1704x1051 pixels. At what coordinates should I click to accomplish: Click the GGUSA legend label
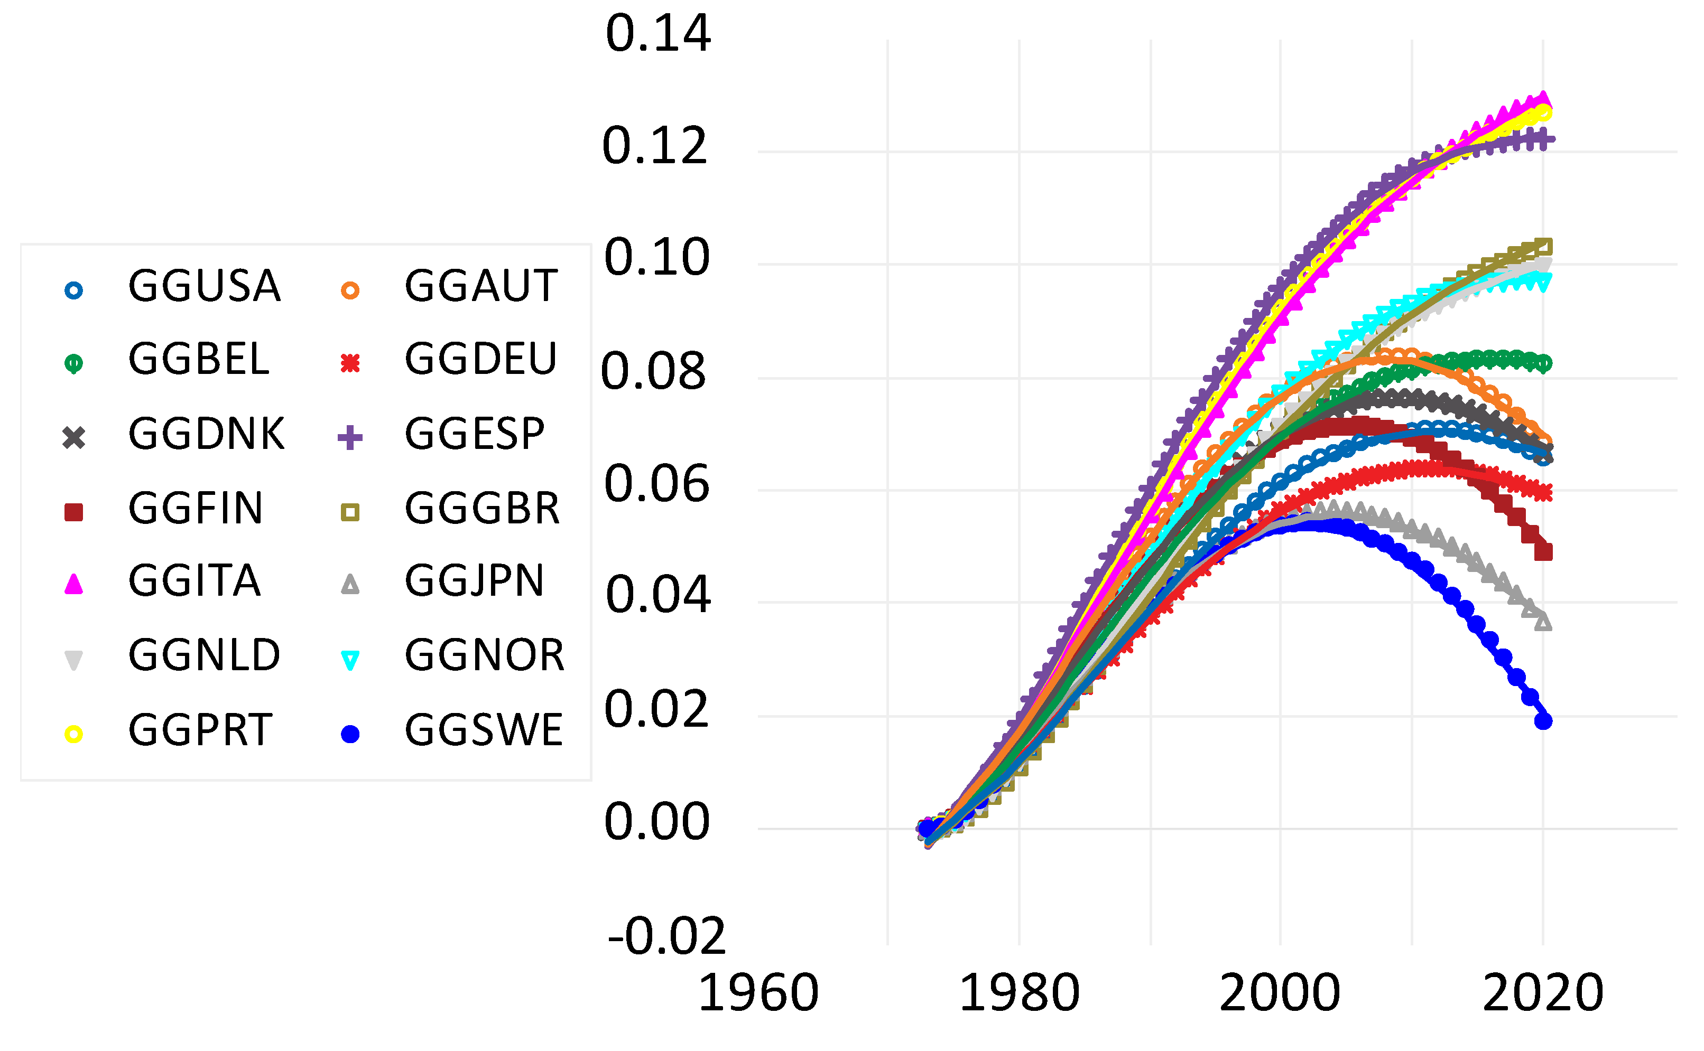point(204,286)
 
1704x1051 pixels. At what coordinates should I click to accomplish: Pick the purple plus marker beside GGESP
point(350,437)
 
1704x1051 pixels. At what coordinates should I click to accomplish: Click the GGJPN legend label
point(474,581)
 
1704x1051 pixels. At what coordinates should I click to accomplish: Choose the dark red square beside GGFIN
point(73,512)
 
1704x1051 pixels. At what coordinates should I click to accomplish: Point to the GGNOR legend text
point(485,655)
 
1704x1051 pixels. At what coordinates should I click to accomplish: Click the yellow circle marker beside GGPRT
point(73,735)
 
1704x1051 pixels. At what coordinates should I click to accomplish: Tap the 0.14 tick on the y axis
point(657,33)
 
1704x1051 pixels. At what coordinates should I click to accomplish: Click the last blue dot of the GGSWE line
point(1543,721)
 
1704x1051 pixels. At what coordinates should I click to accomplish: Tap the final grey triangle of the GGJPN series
point(1543,622)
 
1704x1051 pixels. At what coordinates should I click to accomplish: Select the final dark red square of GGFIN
point(1543,552)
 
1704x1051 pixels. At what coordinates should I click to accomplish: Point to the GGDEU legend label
point(480,359)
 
